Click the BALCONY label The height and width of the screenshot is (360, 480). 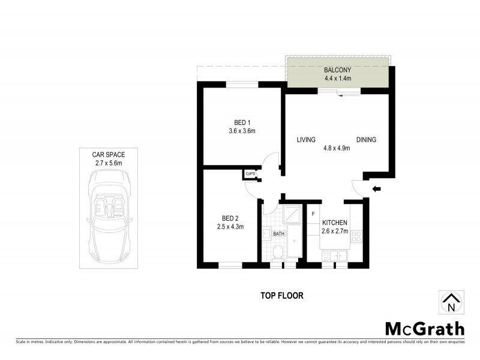(337, 70)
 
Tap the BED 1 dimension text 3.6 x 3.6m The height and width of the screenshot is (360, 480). (242, 131)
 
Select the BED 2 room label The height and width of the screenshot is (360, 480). (230, 218)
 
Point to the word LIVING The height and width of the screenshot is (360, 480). (306, 140)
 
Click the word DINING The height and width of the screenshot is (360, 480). (366, 140)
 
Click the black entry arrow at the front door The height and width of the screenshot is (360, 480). (376, 189)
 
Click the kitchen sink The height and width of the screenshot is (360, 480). (334, 256)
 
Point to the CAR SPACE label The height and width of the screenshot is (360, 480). (109, 154)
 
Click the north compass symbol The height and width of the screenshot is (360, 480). (451, 302)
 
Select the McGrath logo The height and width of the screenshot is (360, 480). (424, 328)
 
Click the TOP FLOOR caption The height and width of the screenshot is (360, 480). (281, 295)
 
